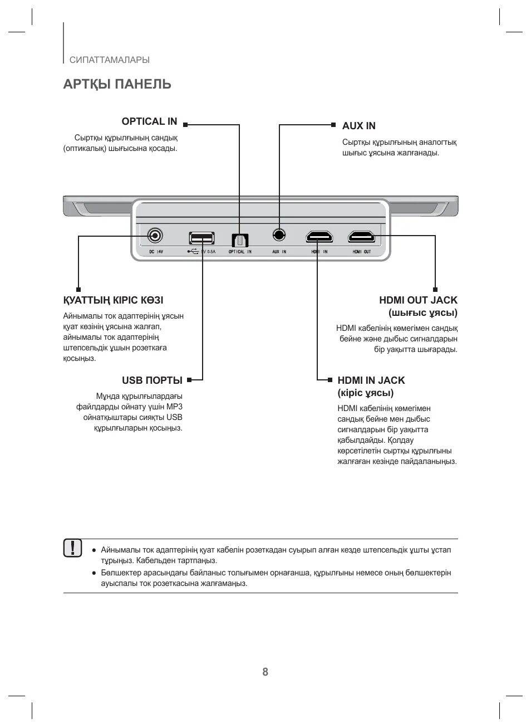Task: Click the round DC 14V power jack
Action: click(155, 236)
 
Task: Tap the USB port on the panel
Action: click(201, 238)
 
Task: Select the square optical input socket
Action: click(240, 240)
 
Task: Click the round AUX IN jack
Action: click(279, 235)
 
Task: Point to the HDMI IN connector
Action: click(319, 237)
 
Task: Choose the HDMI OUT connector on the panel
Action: click(362, 237)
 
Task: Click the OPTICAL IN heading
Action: click(149, 121)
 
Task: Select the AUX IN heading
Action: click(358, 126)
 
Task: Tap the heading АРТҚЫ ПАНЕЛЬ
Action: click(117, 84)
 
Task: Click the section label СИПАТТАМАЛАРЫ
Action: click(110, 60)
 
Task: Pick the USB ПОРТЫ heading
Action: click(152, 380)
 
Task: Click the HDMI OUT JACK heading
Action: click(418, 300)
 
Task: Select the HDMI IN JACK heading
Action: click(371, 380)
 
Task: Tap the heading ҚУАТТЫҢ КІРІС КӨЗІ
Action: click(113, 300)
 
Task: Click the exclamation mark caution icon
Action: click(72, 548)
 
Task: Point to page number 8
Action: click(265, 672)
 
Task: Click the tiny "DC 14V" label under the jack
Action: click(156, 252)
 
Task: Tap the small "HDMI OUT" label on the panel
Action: click(362, 252)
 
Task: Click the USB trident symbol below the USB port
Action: click(193, 251)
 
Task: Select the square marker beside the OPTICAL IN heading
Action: click(185, 125)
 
